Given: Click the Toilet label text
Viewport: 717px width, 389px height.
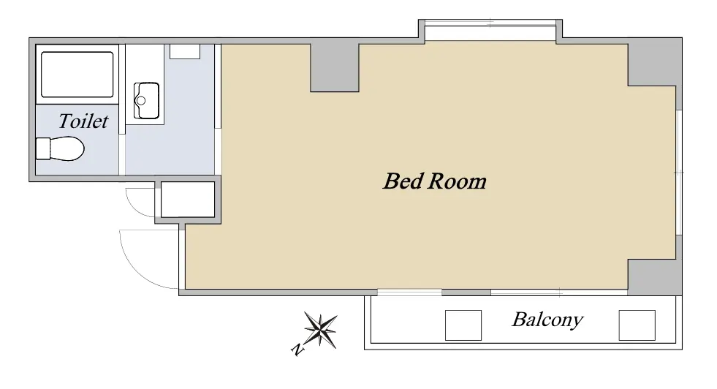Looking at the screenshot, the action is coord(83,121).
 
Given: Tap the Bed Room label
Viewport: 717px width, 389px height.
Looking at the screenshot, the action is coord(434,181).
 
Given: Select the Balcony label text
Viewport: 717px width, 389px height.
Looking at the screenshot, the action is coord(547,320).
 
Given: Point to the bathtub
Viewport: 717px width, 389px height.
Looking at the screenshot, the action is coord(77,75).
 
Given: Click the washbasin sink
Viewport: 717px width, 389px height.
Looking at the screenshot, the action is coord(146,101).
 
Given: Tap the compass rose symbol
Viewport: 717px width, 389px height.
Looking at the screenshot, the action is coord(321,330).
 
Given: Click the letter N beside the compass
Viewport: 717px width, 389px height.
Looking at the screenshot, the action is coord(297,350).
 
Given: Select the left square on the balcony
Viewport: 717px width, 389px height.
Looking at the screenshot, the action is coord(463,325).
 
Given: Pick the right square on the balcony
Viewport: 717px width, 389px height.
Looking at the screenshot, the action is coord(637,325).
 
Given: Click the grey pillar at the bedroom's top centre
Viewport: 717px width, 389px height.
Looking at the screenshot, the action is coord(335,68).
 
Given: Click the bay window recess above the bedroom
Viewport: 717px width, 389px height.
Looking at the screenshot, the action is coord(490,31).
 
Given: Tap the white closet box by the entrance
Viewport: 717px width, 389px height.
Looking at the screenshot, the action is coord(188,200).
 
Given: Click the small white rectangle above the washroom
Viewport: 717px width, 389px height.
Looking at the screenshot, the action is coord(185,51).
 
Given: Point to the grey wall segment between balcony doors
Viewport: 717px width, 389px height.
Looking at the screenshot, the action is coord(466,292).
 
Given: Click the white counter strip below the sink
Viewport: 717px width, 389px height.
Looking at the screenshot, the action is coord(145,121).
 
